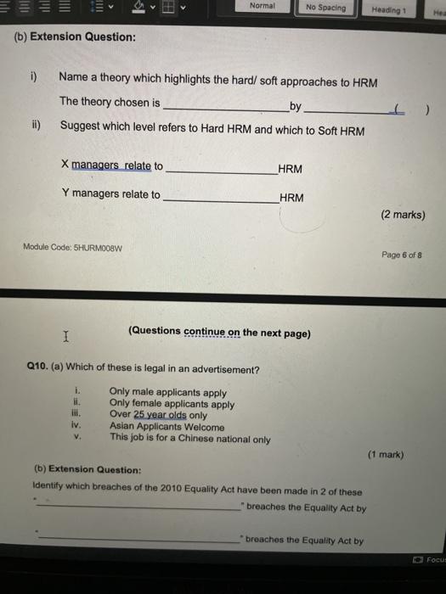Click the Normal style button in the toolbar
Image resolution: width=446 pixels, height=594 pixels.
pos(263,8)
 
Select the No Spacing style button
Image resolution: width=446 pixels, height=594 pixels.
pos(325,8)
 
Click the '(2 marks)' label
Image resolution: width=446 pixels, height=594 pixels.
pos(404,215)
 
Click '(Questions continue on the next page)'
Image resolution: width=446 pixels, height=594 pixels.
pos(219,333)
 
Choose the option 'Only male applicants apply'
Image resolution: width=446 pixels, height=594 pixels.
pos(167,392)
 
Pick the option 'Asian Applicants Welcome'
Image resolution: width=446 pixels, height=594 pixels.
pos(167,427)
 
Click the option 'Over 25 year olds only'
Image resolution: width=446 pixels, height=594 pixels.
pos(158,415)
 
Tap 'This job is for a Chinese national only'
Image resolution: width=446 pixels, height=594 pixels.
pos(189,439)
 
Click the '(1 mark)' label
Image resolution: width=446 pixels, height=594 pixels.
pos(386,454)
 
